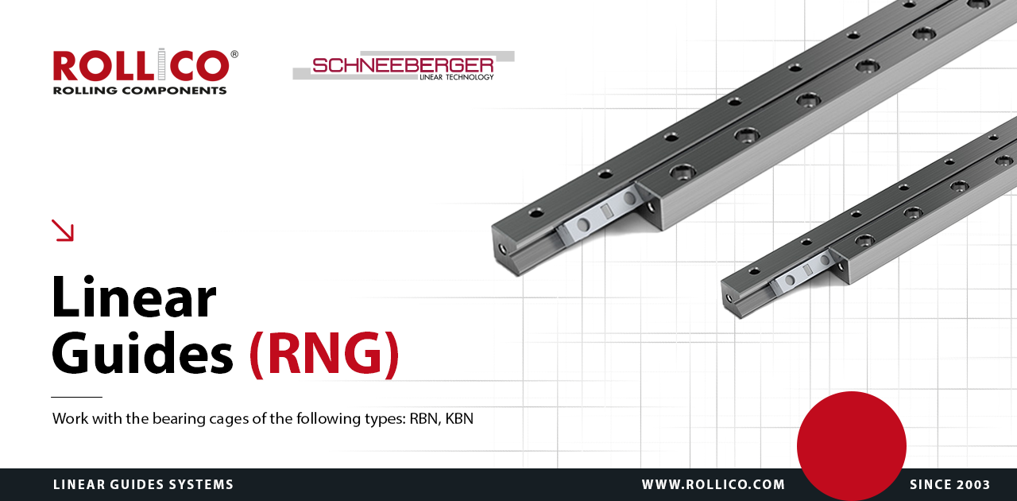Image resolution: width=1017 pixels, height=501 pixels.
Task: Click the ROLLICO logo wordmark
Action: [x=141, y=65]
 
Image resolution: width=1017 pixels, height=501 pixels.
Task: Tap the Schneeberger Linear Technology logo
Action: [x=404, y=66]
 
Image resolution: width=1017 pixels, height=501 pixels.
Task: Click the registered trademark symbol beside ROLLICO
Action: [x=234, y=54]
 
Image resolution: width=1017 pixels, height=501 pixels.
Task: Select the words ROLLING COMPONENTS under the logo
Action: [x=140, y=91]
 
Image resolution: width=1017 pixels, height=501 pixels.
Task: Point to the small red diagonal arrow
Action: [x=63, y=231]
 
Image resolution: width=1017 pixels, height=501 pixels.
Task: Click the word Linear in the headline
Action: [x=134, y=297]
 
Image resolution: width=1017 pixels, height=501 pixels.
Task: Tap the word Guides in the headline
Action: [x=142, y=353]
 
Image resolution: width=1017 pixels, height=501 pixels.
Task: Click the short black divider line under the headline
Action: [x=77, y=397]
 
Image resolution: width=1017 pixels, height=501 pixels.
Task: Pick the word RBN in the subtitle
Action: [x=424, y=419]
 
